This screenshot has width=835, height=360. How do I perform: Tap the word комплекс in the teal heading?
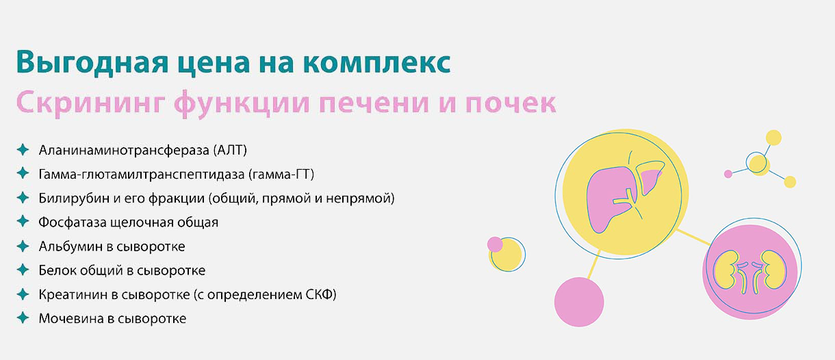tap(377, 62)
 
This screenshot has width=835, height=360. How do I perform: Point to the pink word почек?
tap(511, 103)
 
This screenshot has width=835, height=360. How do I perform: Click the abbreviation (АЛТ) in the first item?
tap(230, 150)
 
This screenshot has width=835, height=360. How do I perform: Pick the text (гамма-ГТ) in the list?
tap(281, 174)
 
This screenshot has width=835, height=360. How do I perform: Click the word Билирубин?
tap(74, 198)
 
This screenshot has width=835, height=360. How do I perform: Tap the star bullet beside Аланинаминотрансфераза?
tap(23, 150)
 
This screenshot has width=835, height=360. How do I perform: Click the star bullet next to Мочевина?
tap(23, 318)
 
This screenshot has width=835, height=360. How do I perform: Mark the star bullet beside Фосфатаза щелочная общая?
tap(23, 221)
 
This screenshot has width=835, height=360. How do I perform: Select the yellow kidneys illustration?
tap(750, 271)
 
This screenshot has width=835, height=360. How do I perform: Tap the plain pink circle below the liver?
tap(579, 302)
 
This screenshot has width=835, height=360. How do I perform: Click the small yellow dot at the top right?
tap(773, 138)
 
